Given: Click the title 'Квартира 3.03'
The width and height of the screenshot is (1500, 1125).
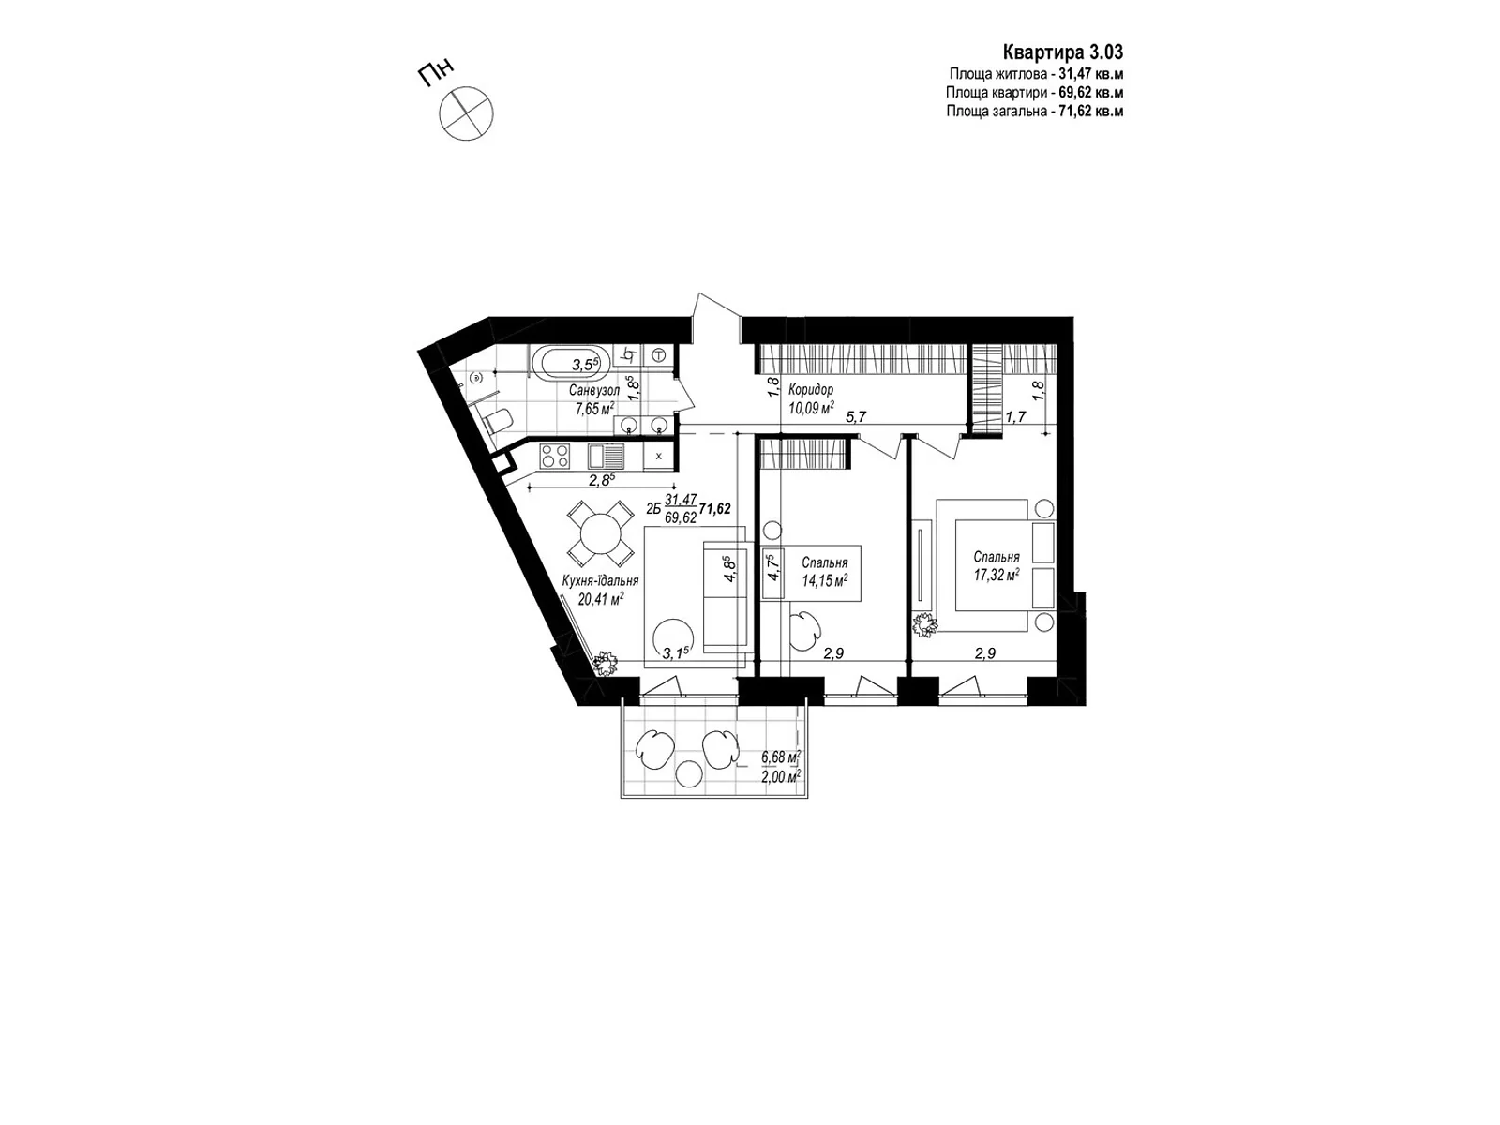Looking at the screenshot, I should click(1063, 52).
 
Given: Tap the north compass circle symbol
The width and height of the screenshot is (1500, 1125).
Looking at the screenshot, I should click(465, 113).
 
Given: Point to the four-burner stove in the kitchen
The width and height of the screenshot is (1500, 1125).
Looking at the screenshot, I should click(555, 457).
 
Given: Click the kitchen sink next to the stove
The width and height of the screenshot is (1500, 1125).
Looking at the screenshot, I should click(605, 457).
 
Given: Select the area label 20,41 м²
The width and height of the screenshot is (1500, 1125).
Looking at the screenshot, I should click(599, 599).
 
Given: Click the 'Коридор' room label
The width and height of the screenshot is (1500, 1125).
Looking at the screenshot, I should click(811, 390).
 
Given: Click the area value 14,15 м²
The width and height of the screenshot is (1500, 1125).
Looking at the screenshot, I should click(824, 580).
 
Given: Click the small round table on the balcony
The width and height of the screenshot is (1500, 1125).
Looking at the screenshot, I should click(689, 774).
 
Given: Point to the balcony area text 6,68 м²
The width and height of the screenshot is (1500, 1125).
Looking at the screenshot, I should click(780, 757).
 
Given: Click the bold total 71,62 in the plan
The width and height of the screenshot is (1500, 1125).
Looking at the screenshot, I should click(714, 508).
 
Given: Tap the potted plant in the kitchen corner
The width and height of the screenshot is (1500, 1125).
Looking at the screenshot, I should click(607, 663).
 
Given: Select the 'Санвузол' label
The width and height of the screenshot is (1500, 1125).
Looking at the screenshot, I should click(593, 390).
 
